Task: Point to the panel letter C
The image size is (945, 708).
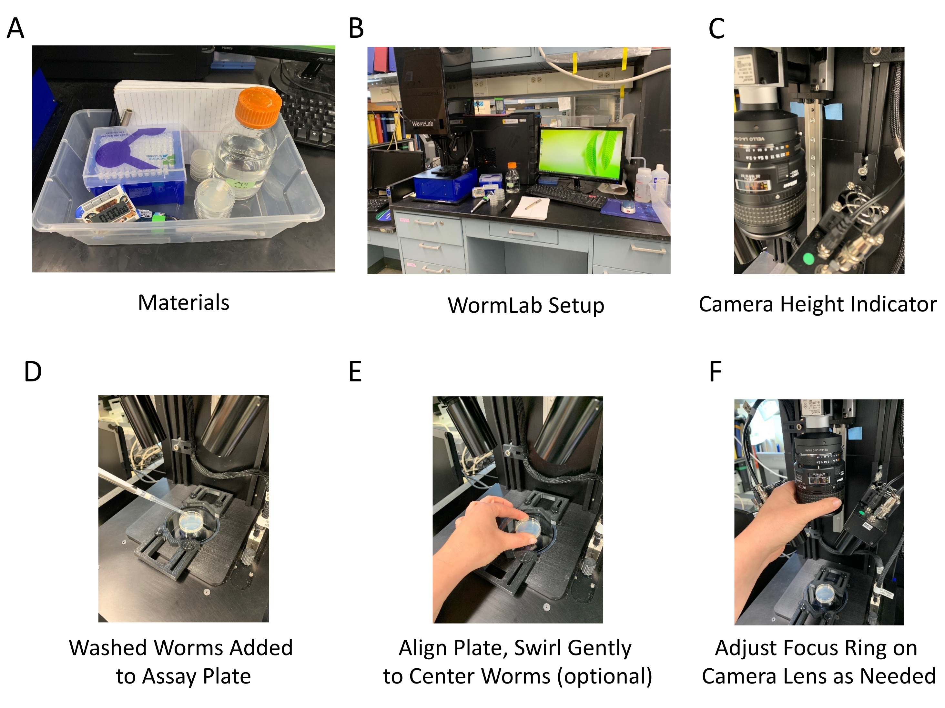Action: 716,29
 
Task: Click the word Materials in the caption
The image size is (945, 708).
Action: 183,302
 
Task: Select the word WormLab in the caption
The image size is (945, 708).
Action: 495,306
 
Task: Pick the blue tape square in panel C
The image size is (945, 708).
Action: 833,112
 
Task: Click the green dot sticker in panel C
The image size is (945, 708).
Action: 808,258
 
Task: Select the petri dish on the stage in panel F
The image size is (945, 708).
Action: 822,593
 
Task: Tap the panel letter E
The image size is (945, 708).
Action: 355,371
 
